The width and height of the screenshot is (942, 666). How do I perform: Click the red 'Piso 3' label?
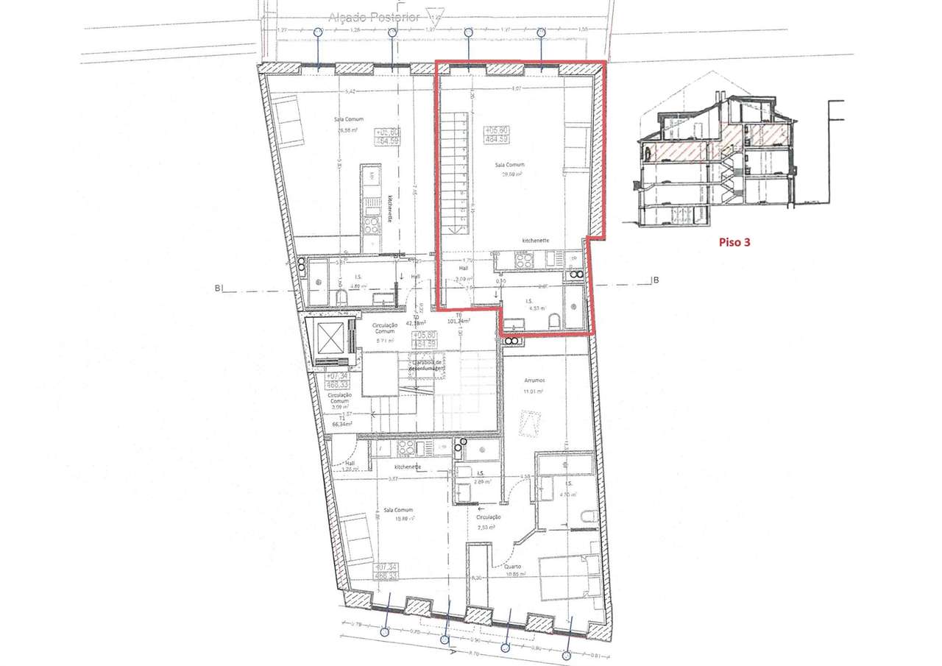[x=734, y=241]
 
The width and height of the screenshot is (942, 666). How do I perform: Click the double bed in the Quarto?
[x=568, y=576]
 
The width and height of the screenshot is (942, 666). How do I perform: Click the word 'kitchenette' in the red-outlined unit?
[x=536, y=241]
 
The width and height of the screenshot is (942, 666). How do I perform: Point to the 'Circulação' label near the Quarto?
[x=489, y=517]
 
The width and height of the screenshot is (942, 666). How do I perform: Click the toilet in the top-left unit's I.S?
[x=340, y=297]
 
